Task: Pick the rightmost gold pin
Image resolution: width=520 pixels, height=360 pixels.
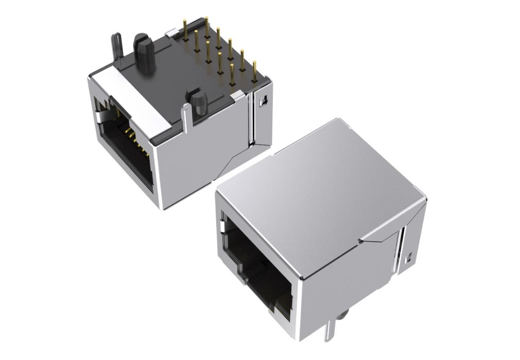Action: (x=254, y=72)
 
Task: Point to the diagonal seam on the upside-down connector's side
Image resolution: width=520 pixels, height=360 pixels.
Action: (x=232, y=160)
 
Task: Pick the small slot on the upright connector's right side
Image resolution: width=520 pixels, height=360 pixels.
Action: (x=410, y=255)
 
